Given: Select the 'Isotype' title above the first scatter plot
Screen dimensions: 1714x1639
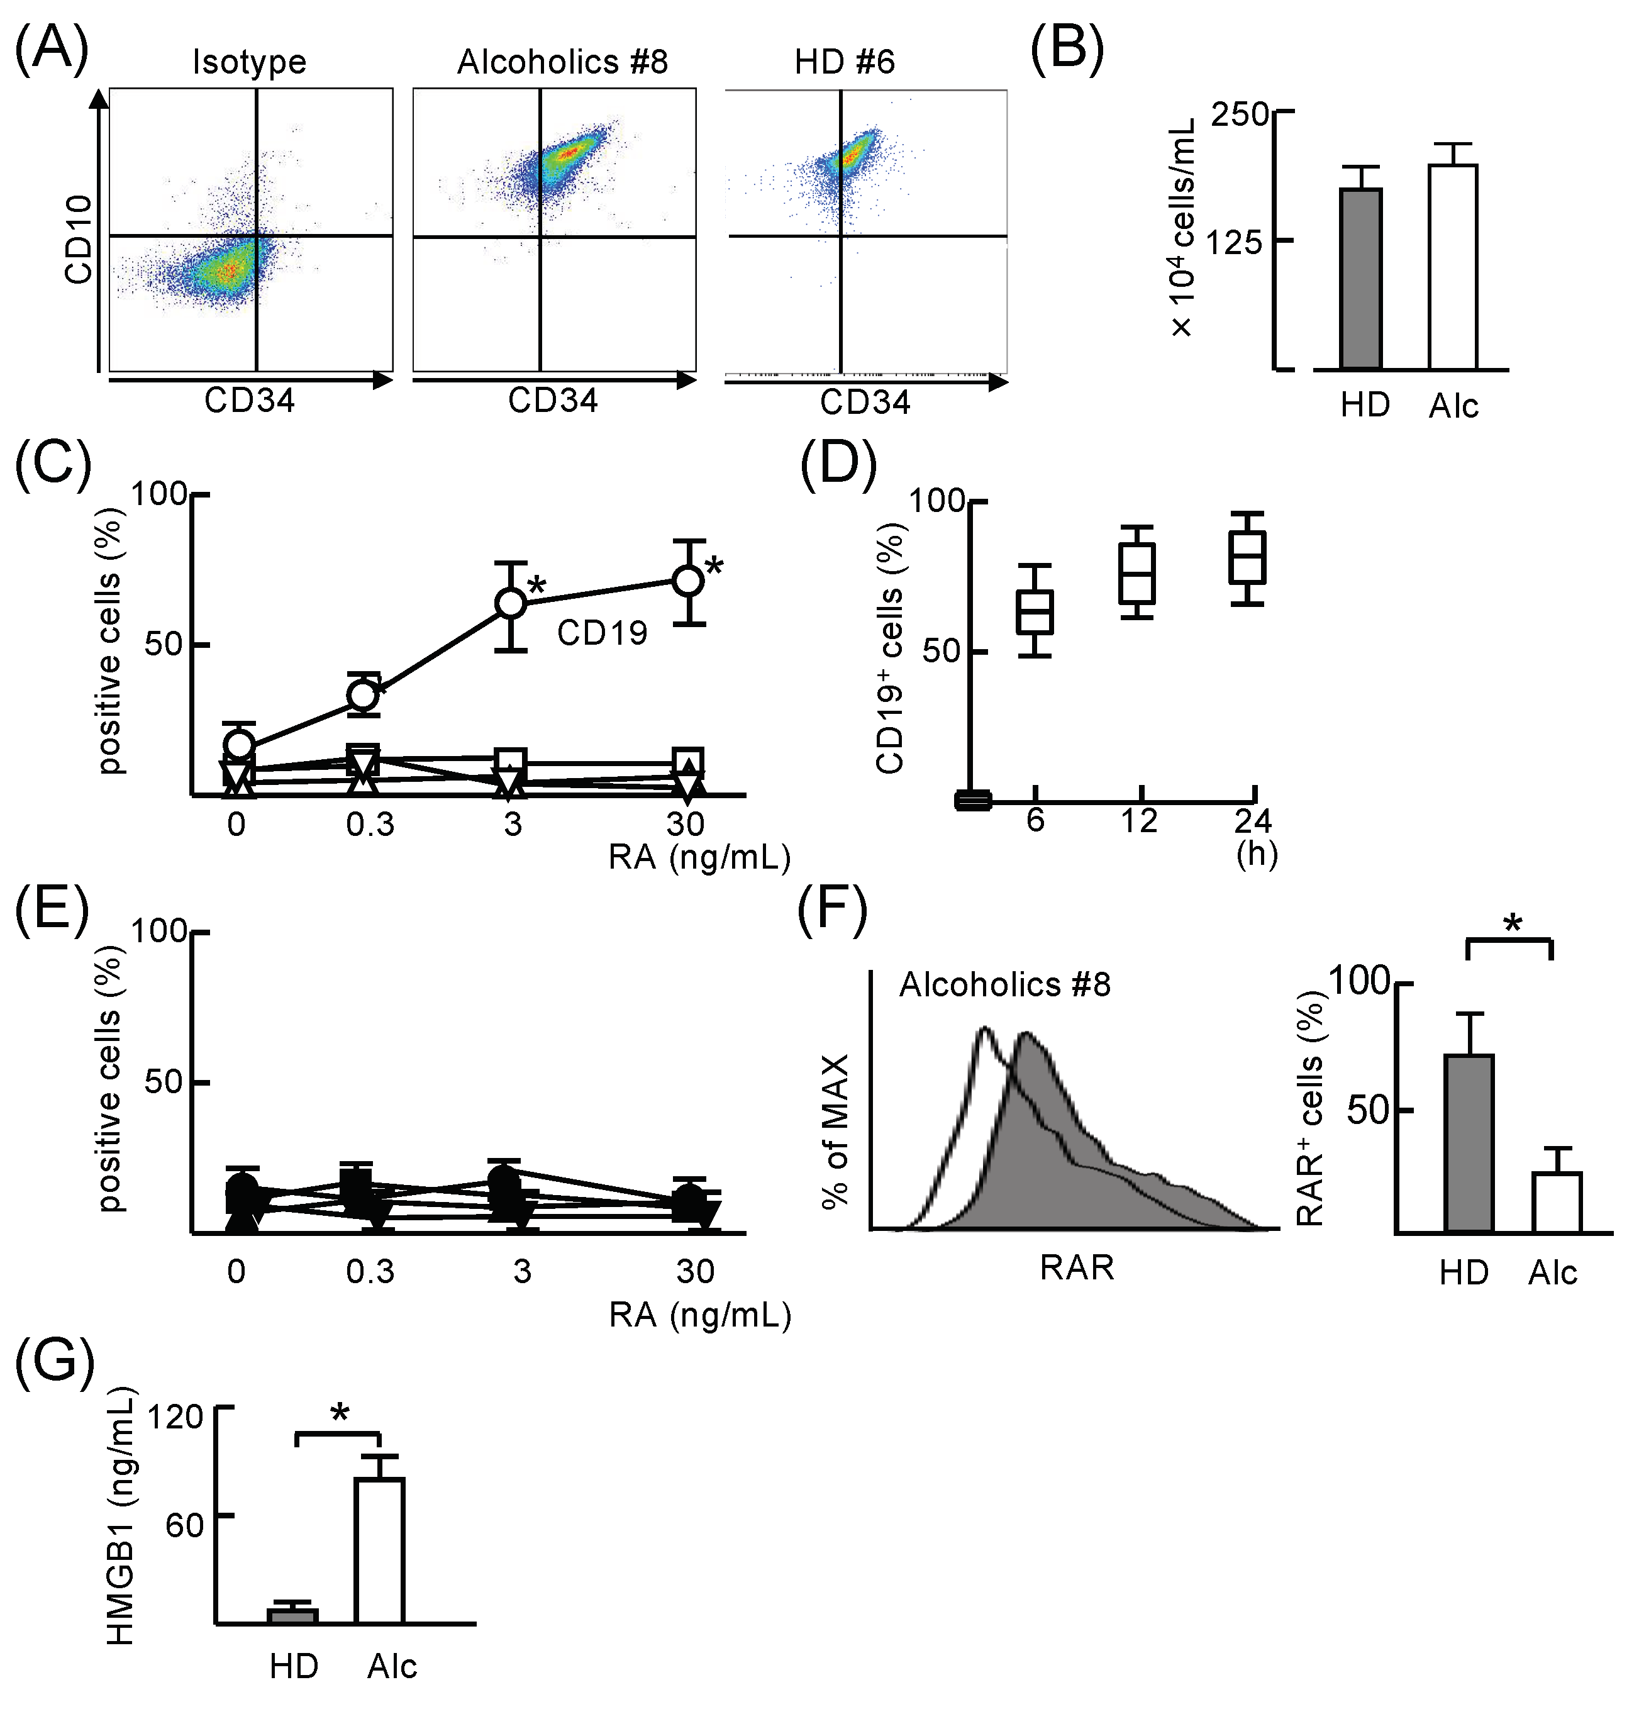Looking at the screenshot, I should coord(249,63).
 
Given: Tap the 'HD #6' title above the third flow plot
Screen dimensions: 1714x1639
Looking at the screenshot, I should coord(844,63).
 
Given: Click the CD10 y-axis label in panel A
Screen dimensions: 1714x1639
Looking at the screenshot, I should coord(79,240).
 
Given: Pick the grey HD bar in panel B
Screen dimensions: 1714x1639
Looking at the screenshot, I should coord(1360,279).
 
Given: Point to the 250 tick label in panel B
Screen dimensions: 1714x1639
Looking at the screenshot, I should coord(1240,114).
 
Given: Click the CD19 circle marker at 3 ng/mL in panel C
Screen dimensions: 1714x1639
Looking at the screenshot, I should coord(511,603).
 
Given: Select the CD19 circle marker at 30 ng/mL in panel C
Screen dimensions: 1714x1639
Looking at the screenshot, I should coord(689,580).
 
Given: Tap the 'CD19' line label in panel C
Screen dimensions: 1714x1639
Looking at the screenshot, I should coord(602,633).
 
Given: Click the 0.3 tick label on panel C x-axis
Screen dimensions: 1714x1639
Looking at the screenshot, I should coord(370,824).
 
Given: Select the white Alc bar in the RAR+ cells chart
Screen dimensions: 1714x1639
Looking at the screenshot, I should coord(1557,1202).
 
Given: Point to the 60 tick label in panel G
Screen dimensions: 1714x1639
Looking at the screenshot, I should coord(184,1525).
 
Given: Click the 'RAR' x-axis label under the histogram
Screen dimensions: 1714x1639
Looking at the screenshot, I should coord(1076,1267).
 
